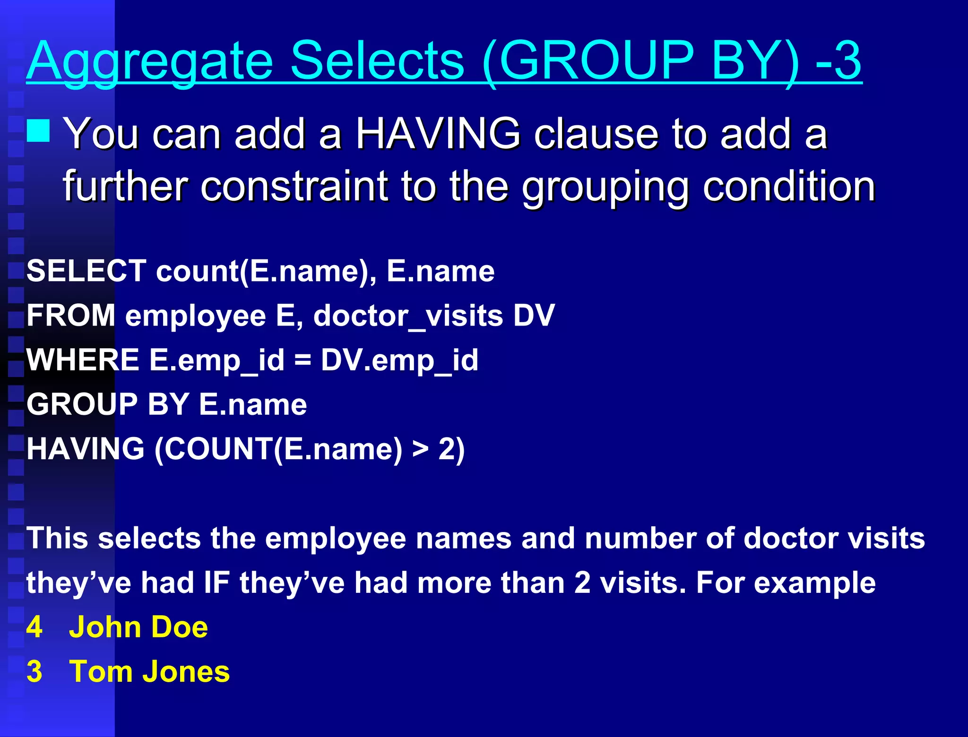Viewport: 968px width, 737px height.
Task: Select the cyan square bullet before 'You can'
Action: pyautogui.click(x=38, y=131)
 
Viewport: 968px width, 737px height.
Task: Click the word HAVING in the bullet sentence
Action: pyautogui.click(x=438, y=134)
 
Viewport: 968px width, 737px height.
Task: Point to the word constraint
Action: pyautogui.click(x=294, y=186)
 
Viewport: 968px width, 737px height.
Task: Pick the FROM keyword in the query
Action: pyautogui.click(x=71, y=316)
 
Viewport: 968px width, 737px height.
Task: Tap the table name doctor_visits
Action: pyautogui.click(x=408, y=316)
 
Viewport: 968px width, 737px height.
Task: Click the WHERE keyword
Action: pyautogui.click(x=83, y=360)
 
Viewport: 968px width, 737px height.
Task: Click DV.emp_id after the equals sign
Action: pyautogui.click(x=399, y=360)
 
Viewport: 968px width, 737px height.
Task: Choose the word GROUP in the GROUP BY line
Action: pyautogui.click(x=82, y=404)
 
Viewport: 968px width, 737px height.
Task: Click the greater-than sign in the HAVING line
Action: pyautogui.click(x=420, y=449)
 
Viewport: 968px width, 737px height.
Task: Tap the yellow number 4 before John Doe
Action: pyautogui.click(x=35, y=627)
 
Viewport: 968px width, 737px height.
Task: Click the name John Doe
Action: pyautogui.click(x=138, y=627)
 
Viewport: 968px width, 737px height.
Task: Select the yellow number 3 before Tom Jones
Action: pyautogui.click(x=35, y=672)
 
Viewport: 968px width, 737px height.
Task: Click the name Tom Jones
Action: pyautogui.click(x=149, y=672)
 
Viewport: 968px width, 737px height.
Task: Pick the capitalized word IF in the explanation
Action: pyautogui.click(x=216, y=583)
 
